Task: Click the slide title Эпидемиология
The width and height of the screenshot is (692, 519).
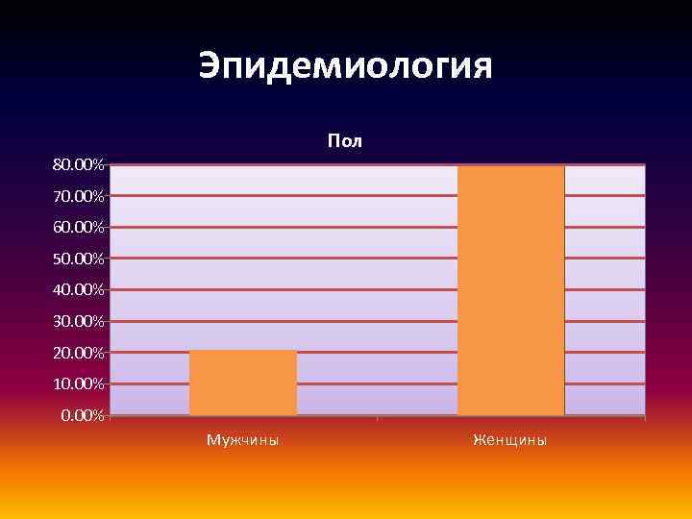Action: pyautogui.click(x=345, y=66)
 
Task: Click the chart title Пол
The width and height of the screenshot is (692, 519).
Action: pyautogui.click(x=344, y=141)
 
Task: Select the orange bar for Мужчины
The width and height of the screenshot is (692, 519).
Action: pyautogui.click(x=243, y=383)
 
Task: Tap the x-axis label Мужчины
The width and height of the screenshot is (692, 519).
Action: pyautogui.click(x=243, y=440)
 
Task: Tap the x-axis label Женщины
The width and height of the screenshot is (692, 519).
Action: pyautogui.click(x=510, y=440)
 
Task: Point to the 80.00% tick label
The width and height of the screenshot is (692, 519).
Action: pyautogui.click(x=79, y=165)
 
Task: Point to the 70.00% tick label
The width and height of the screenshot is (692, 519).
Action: pyautogui.click(x=79, y=196)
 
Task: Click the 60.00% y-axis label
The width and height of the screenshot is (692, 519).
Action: pyautogui.click(x=79, y=228)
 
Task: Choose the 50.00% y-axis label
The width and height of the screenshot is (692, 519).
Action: pyautogui.click(x=79, y=259)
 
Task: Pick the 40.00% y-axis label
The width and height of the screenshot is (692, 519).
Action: pyautogui.click(x=79, y=290)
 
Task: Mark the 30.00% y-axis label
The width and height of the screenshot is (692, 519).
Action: pyautogui.click(x=79, y=321)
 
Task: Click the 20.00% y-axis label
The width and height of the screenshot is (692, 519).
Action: pyautogui.click(x=79, y=353)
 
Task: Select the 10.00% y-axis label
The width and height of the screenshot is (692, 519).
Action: pyautogui.click(x=79, y=383)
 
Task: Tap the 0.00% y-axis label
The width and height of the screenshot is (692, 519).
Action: pyautogui.click(x=83, y=415)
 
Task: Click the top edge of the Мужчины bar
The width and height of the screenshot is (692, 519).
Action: pyautogui.click(x=243, y=351)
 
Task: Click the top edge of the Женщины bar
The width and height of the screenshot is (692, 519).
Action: pyautogui.click(x=510, y=166)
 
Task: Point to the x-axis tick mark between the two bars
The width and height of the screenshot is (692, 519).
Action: pyautogui.click(x=378, y=418)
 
